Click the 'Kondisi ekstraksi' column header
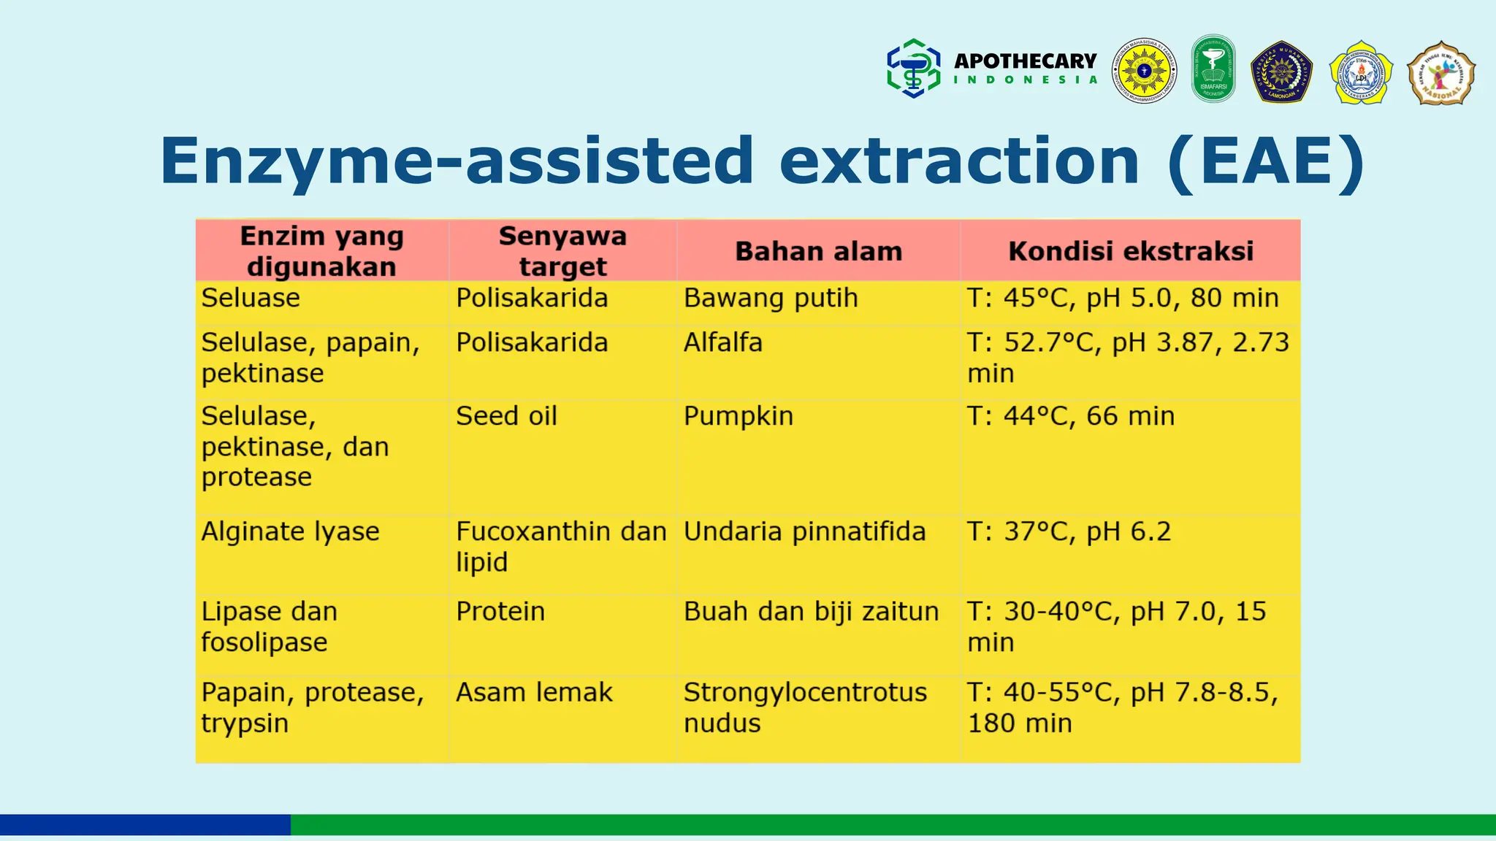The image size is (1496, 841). click(x=1130, y=251)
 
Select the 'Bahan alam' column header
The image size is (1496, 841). click(x=818, y=251)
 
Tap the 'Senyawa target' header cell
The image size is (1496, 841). click(x=562, y=251)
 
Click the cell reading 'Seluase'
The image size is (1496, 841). click(x=251, y=299)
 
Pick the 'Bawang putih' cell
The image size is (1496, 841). click(x=771, y=299)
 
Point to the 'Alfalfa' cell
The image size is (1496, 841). click(x=722, y=342)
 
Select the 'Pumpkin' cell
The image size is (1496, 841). click(x=738, y=416)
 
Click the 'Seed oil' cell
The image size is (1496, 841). click(x=506, y=416)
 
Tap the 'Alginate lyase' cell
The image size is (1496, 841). click(x=290, y=531)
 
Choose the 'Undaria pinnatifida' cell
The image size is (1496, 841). click(x=804, y=531)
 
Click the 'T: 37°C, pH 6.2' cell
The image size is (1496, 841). click(x=1069, y=531)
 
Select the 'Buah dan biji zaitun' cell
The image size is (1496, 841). click(x=811, y=612)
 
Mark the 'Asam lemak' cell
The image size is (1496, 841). click(x=534, y=692)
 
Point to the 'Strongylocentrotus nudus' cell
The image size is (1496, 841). click(x=804, y=707)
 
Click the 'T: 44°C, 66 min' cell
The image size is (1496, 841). click(x=1071, y=416)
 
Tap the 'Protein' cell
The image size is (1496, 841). click(x=500, y=612)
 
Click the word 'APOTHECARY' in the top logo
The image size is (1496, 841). click(x=1025, y=61)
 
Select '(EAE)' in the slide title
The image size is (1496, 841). click(x=1266, y=162)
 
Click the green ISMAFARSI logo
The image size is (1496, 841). click(x=1213, y=69)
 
